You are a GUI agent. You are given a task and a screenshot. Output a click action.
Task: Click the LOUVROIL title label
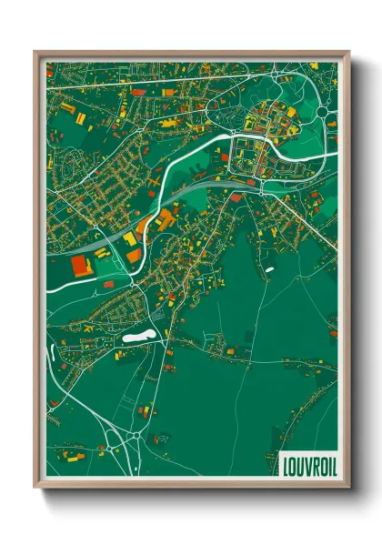[307, 464]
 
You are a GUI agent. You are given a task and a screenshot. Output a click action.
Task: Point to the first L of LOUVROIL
[286, 464]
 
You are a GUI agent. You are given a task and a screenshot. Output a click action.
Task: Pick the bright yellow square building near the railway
[130, 238]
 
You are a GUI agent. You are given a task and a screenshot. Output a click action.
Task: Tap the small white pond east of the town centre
[268, 269]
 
